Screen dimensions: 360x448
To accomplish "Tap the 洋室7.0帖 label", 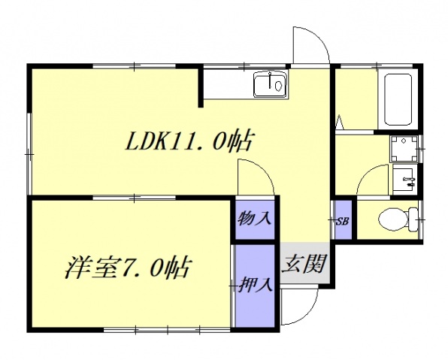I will pyautogui.click(x=128, y=267).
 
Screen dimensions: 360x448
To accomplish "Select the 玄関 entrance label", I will pyautogui.click(x=304, y=263).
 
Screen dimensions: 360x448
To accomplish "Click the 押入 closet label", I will pyautogui.click(x=256, y=286).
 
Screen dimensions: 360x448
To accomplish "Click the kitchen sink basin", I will pyautogui.click(x=270, y=85).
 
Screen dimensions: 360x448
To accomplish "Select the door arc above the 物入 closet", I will pyautogui.click(x=256, y=179).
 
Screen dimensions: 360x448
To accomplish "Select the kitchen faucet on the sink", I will pyautogui.click(x=279, y=85).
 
